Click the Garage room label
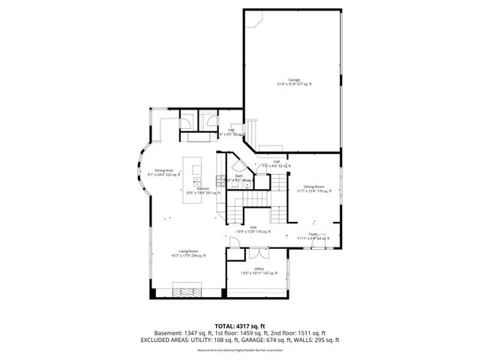(x=293, y=82)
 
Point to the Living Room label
(x=188, y=253)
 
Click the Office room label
(x=258, y=271)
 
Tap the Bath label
(x=239, y=178)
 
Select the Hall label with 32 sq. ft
(x=276, y=163)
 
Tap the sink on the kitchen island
(x=196, y=181)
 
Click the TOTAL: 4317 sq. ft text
(x=239, y=325)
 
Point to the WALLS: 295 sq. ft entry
(x=320, y=339)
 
